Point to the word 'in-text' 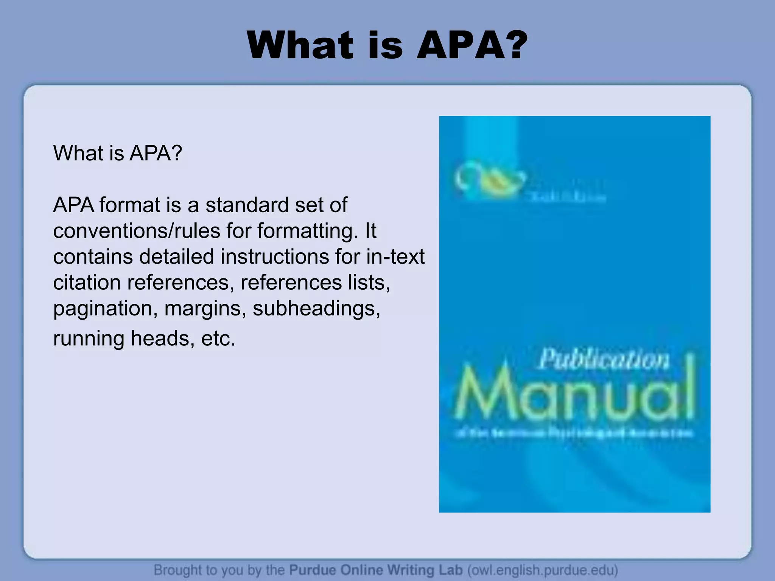click(395, 256)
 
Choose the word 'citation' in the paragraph click(87, 283)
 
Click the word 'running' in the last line click(89, 338)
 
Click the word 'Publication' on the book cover click(604, 359)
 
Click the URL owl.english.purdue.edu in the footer click(543, 570)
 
